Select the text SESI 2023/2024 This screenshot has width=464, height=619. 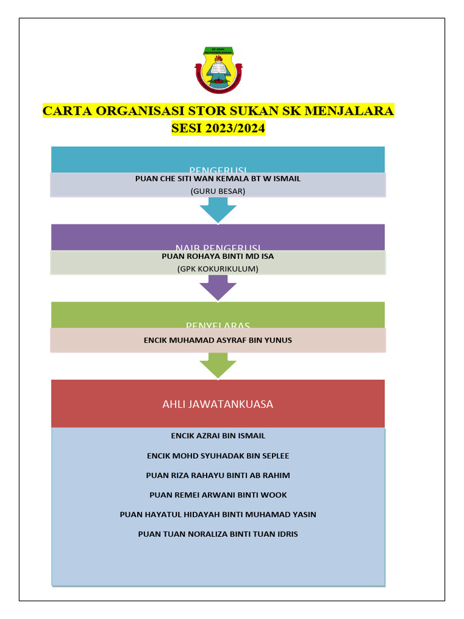(218, 128)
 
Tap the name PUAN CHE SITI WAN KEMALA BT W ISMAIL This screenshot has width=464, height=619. (218, 179)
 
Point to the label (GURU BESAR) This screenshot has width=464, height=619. (218, 191)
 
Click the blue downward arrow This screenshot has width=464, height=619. (218, 212)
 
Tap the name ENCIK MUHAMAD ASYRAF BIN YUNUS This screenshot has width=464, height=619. (218, 340)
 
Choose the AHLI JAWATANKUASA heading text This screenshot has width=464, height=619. (218, 404)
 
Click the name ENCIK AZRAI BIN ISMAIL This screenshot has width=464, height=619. (218, 436)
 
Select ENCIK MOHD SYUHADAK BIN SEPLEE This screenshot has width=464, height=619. (218, 456)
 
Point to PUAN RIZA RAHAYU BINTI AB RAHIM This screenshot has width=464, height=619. (218, 475)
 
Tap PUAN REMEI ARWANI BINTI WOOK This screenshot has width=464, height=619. (218, 495)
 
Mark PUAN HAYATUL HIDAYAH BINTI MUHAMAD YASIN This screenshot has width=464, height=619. (218, 514)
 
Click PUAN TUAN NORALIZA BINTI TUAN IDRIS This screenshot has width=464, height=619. (218, 534)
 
